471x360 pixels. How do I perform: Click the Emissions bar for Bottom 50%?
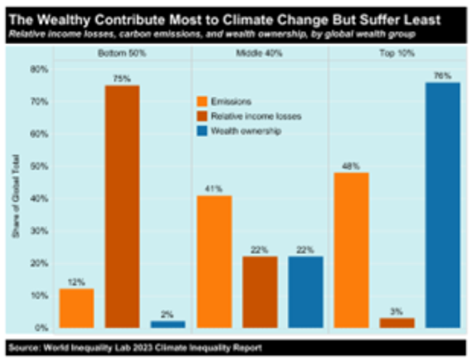pyautogui.click(x=77, y=308)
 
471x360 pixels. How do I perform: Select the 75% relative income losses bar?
pyautogui.click(x=122, y=206)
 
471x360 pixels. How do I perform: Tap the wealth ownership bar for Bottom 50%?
pyautogui.click(x=168, y=324)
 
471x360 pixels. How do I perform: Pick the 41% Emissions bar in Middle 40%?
pyautogui.click(x=214, y=261)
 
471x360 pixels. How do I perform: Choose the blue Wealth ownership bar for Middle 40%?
pyautogui.click(x=306, y=292)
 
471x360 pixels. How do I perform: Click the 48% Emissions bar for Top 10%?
pyautogui.click(x=351, y=250)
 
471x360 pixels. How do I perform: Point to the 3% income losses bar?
pyautogui.click(x=397, y=322)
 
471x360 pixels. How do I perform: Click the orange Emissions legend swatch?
pyautogui.click(x=203, y=101)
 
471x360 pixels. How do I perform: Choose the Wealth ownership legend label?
pyautogui.click(x=246, y=131)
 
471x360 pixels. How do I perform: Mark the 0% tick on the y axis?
pyautogui.click(x=41, y=327)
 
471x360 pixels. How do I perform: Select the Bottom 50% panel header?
pyautogui.click(x=122, y=53)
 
